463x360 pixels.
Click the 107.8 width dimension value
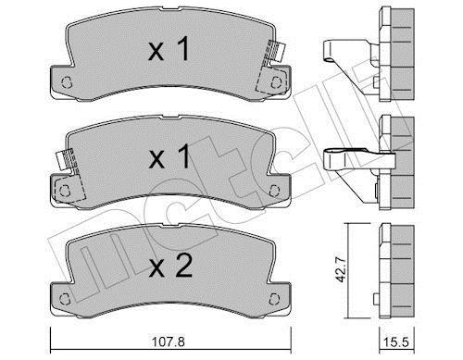[x=169, y=342]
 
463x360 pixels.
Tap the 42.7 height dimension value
[x=342, y=269]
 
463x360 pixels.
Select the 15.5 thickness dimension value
[x=396, y=342]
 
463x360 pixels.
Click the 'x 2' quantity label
[x=170, y=266]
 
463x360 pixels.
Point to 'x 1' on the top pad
[x=169, y=49]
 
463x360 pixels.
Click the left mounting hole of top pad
[x=66, y=82]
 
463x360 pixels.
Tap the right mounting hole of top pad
[x=275, y=82]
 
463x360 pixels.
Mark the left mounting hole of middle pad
[x=65, y=191]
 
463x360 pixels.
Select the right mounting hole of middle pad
[x=274, y=191]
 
